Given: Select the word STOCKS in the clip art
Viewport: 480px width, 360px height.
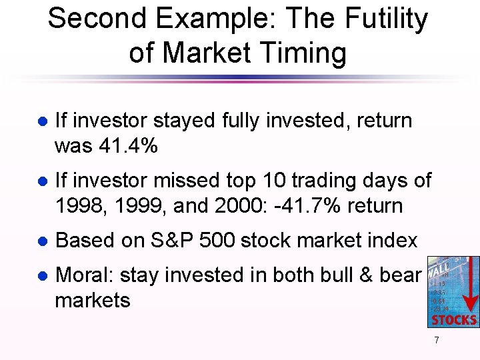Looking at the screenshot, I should pos(454,319).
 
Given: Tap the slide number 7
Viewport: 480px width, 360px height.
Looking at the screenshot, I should pos(436,341).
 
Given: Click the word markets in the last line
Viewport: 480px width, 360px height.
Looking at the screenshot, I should pos(92,300).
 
